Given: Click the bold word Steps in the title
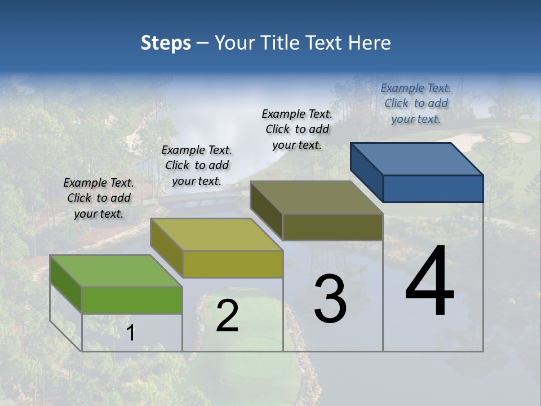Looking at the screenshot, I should (x=166, y=43).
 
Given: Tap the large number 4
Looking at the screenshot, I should (x=429, y=282).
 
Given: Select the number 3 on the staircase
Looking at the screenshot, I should (x=330, y=299).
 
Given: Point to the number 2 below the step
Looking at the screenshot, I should (x=227, y=316).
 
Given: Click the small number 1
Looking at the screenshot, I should (x=130, y=333).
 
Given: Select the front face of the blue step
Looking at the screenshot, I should (x=433, y=188).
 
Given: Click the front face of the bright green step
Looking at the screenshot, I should (x=132, y=300).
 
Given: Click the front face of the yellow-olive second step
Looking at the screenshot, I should (x=232, y=264).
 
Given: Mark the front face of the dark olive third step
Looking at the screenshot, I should (x=332, y=227).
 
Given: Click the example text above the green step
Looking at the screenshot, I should (x=99, y=198).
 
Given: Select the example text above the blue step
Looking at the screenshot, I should (x=416, y=103).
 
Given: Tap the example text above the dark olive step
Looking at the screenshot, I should (x=297, y=129).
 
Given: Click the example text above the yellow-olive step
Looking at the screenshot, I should (x=197, y=165).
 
